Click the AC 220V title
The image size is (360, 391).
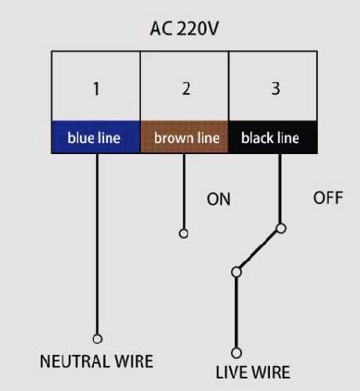[184, 28]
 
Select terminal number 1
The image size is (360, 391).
[96, 89]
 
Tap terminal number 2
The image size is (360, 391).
[186, 88]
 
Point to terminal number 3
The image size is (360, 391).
[275, 88]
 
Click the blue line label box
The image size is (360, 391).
[96, 137]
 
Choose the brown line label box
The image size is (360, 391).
[185, 137]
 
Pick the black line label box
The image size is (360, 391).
[273, 137]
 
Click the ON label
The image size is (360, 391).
[218, 199]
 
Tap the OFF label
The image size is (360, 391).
[328, 198]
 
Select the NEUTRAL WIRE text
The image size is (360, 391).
[96, 361]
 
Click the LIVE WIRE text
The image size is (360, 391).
[253, 372]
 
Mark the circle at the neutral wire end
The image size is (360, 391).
[97, 339]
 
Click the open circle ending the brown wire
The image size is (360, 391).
[184, 233]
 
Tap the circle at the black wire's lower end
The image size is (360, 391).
[281, 228]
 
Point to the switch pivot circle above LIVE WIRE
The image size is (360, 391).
[236, 272]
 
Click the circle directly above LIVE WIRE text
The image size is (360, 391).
[236, 353]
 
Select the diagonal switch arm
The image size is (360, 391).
[258, 250]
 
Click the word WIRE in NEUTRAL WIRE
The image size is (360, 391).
[134, 361]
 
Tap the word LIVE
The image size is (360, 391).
[230, 372]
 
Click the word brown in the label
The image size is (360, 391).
[175, 138]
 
